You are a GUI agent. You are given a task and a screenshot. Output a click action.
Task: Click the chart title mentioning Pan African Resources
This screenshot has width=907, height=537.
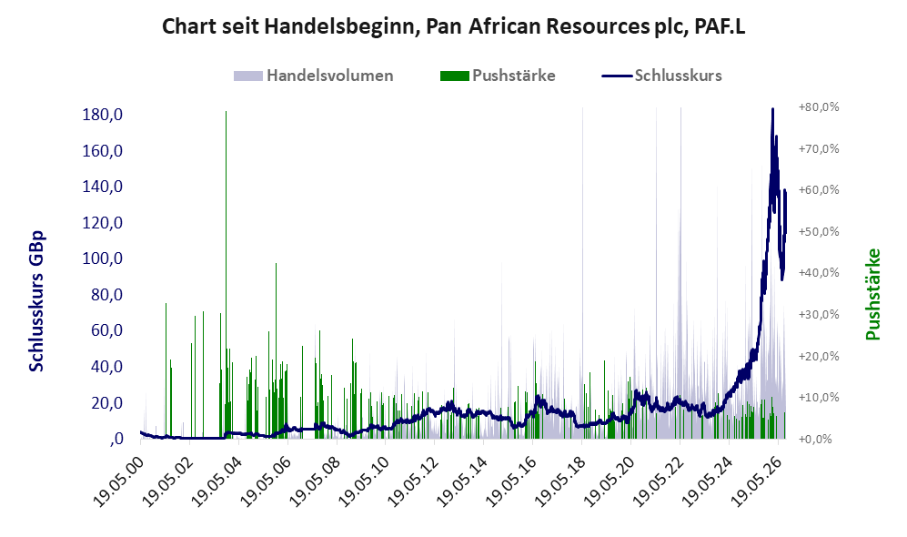pos(453,26)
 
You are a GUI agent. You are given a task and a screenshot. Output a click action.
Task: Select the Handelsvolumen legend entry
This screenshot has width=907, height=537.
pos(314,76)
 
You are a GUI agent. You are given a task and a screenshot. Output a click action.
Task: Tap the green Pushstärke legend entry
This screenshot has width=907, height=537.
pos(498,76)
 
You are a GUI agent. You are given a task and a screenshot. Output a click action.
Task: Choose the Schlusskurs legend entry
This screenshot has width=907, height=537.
pos(661,76)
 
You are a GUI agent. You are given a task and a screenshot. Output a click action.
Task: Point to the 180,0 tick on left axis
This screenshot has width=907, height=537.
pos(103,115)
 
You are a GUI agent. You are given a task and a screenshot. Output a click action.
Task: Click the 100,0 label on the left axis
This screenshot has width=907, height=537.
pos(103,258)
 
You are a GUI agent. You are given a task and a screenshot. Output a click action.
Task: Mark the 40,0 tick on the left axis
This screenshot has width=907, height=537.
pos(106,366)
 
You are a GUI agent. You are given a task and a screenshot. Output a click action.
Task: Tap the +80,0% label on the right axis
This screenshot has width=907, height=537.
pos(819,107)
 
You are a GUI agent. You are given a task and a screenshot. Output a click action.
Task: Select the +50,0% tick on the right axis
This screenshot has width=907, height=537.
pos(819,231)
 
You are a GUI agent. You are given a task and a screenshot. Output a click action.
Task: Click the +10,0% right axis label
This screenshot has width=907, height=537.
pos(819,398)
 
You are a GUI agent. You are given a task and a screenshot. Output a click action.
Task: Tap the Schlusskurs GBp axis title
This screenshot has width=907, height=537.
pos(35,301)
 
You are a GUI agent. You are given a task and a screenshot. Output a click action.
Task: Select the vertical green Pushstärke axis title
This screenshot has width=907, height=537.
pos(872,295)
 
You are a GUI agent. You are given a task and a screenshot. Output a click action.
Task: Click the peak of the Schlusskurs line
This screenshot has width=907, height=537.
pos(772,109)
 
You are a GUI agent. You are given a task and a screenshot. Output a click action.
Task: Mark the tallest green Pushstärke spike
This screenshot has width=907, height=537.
pos(226,274)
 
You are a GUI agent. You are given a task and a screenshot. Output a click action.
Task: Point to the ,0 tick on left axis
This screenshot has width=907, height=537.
pos(116,439)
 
